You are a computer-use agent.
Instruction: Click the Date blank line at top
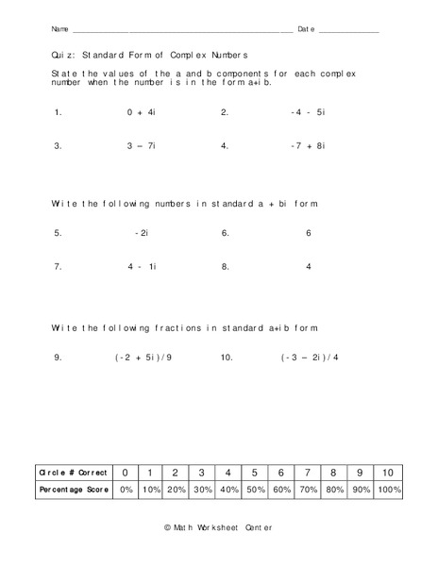349,31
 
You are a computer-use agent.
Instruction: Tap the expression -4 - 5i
308,111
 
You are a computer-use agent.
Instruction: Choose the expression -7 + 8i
308,146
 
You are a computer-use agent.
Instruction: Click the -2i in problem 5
142,232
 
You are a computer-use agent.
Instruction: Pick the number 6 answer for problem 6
308,232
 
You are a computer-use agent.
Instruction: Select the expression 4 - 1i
142,266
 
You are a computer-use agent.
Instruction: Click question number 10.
227,358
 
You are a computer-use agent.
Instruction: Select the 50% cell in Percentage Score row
254,491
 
